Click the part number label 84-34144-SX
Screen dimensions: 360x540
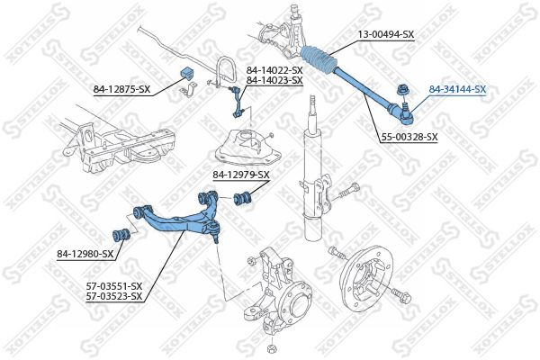coord(456,90)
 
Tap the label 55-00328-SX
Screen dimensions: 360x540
coord(406,137)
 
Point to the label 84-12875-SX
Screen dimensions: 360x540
coord(122,88)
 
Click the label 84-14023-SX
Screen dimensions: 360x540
coord(274,81)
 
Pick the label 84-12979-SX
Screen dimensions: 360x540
coord(240,175)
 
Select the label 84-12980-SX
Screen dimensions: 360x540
coord(84,255)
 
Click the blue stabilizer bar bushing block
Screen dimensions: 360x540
coord(187,73)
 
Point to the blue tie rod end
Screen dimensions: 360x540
coord(397,109)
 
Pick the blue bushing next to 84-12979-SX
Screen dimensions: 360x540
coord(242,198)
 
